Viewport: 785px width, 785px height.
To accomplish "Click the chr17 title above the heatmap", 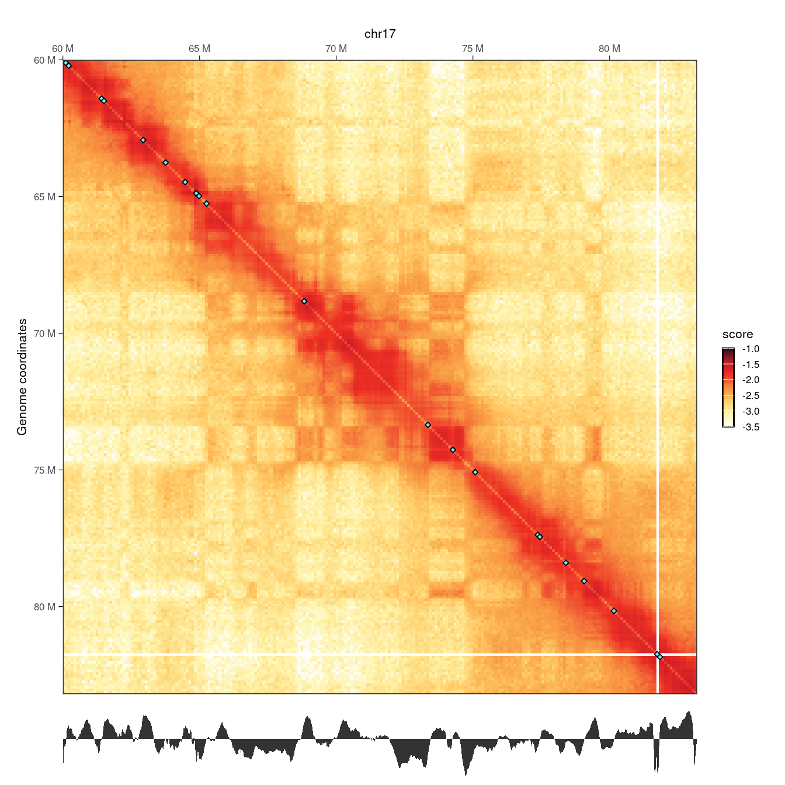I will point(380,34).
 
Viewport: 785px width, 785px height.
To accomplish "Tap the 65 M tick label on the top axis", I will point(199,48).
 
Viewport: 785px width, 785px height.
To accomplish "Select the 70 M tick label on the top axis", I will point(336,48).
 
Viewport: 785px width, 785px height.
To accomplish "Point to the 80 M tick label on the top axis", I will point(609,48).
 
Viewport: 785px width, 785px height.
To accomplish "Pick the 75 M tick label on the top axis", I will point(473,48).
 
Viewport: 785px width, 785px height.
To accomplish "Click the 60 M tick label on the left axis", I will point(44,60).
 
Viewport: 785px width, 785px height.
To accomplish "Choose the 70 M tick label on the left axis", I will point(44,334).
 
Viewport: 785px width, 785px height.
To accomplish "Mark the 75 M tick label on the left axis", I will point(44,470).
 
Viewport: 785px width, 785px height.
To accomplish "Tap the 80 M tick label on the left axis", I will point(44,607).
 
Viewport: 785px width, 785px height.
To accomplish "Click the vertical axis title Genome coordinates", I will point(22,377).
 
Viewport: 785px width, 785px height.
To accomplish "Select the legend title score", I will point(738,335).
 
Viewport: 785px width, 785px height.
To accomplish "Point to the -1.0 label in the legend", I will point(751,349).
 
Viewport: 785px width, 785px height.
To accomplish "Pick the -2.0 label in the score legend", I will point(751,380).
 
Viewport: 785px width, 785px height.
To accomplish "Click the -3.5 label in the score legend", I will point(751,427).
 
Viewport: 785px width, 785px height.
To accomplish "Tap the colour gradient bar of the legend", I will point(728,388).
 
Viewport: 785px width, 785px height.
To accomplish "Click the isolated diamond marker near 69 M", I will point(304,301).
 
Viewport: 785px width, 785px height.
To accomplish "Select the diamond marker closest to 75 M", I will point(475,472).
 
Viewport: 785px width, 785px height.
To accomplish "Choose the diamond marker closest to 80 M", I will point(614,611).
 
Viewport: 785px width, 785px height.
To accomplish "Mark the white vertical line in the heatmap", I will point(658,350).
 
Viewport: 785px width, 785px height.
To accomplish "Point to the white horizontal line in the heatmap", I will point(350,655).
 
